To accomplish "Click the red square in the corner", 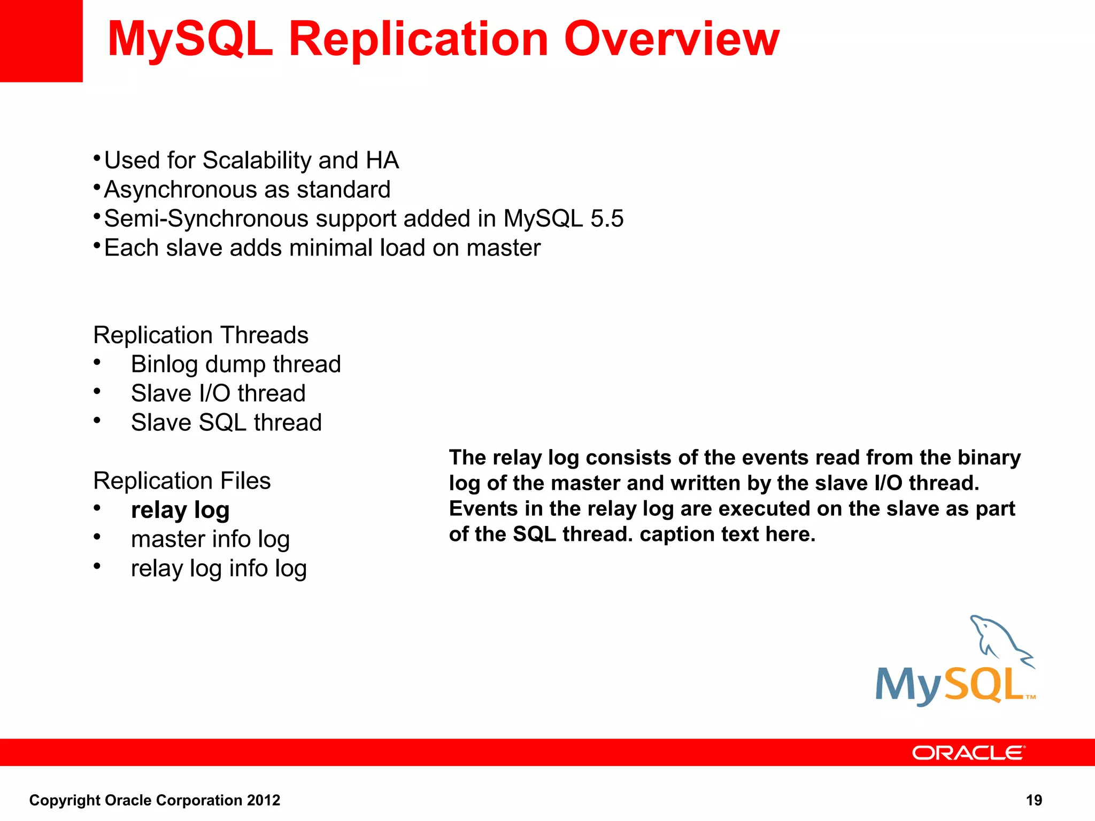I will [x=41, y=41].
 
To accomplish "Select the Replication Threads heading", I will [x=201, y=335].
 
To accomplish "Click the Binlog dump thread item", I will [x=236, y=365].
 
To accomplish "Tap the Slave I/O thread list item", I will [x=218, y=393].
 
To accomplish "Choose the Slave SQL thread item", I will [x=226, y=423].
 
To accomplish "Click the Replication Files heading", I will [x=182, y=481].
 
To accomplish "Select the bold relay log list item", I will [x=180, y=510].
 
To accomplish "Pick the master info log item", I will [x=210, y=539].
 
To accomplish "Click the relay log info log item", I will [x=219, y=569].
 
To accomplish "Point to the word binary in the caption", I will [x=989, y=458].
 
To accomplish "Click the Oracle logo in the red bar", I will [x=968, y=753].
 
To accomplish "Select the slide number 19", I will [x=1034, y=800].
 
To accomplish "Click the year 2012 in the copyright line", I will [x=264, y=800].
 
